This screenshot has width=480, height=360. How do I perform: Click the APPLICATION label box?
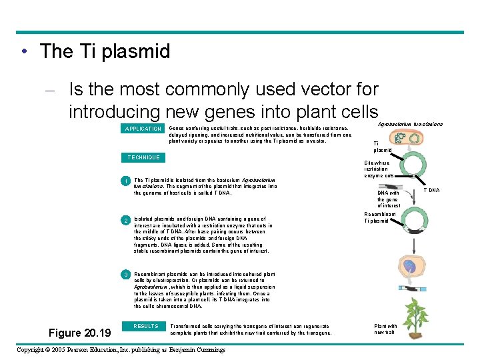click(143, 129)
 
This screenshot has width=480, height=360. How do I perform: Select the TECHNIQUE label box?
click(143, 157)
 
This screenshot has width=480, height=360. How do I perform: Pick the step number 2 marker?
click(125, 219)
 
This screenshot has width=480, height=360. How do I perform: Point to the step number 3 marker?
click(125, 275)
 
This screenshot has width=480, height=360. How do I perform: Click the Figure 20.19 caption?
click(81, 332)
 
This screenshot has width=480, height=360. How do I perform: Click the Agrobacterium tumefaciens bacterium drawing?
click(408, 138)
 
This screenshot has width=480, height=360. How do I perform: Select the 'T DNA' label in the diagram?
click(433, 190)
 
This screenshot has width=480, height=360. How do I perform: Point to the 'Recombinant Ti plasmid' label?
click(376, 217)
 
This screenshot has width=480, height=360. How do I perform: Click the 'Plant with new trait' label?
click(385, 329)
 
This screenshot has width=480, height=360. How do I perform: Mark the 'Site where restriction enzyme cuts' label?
click(377, 169)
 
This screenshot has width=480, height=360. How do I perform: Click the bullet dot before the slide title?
click(24, 52)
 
